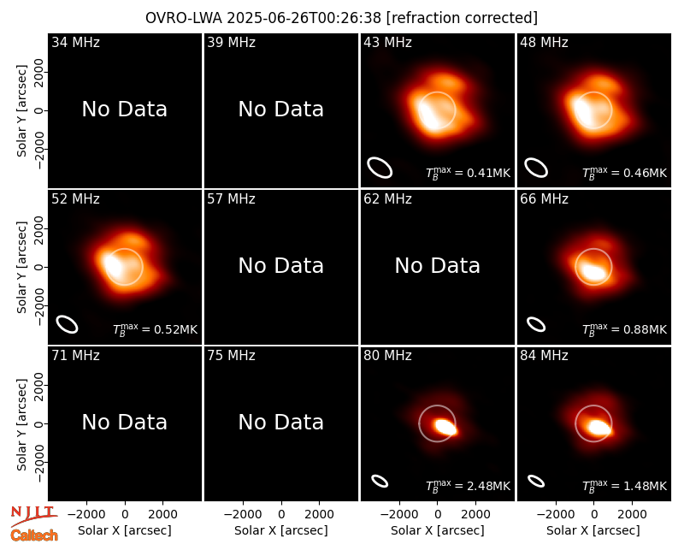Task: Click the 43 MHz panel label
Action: click(387, 42)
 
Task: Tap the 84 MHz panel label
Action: click(544, 356)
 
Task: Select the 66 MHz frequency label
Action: click(544, 199)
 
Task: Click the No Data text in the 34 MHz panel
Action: click(124, 109)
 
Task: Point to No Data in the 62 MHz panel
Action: click(437, 265)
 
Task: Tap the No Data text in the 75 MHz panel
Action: click(281, 422)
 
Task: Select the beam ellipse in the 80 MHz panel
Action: click(380, 481)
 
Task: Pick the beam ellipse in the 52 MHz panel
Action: click(68, 324)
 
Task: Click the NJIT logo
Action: click(34, 516)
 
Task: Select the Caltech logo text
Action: click(34, 535)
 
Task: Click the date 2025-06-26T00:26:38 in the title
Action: click(304, 18)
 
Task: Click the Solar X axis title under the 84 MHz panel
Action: click(593, 530)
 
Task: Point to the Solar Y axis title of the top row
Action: click(21, 111)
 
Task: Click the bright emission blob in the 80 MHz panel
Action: click(445, 426)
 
